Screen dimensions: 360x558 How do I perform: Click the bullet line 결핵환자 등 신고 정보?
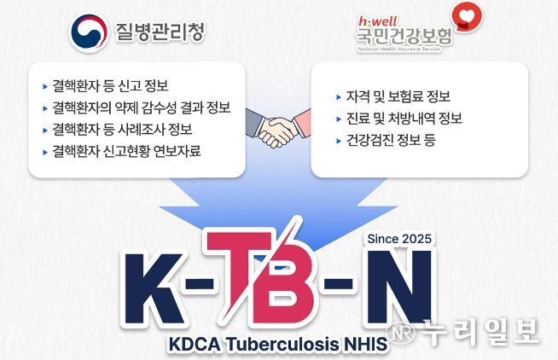click(x=110, y=85)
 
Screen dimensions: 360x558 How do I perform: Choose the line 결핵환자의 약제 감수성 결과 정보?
click(x=140, y=107)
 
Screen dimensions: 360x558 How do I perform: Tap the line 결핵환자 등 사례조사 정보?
click(x=121, y=130)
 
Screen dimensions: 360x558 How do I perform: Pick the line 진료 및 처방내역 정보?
click(x=392, y=118)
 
